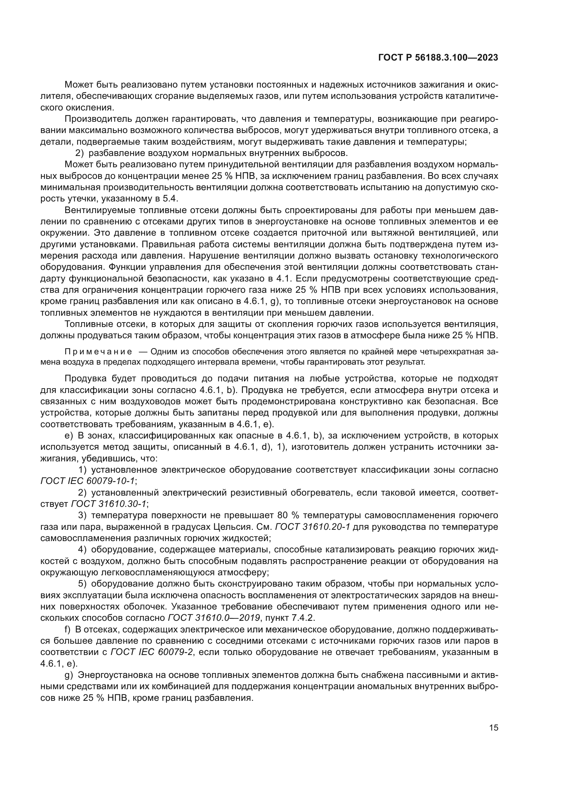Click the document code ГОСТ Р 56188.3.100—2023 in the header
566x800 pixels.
point(438,58)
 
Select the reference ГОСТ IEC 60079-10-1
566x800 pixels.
point(87,481)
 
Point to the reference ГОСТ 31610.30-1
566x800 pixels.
point(109,504)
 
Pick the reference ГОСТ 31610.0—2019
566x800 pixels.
point(214,618)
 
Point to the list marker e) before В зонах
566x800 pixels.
point(69,435)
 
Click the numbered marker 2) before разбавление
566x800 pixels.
point(80,153)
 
